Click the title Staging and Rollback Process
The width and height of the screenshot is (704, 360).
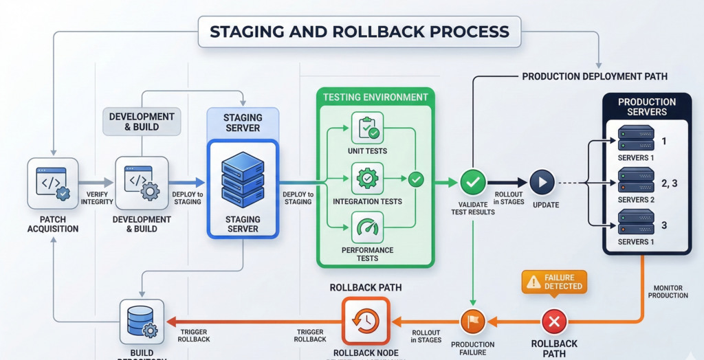pyautogui.click(x=359, y=32)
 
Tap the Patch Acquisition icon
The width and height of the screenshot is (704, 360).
pyautogui.click(x=52, y=183)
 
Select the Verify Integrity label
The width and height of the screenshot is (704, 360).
pyautogui.click(x=93, y=198)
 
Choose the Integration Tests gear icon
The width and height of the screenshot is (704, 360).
pyautogui.click(x=367, y=179)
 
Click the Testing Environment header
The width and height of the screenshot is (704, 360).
pyautogui.click(x=375, y=97)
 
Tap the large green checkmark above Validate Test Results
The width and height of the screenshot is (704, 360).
pyautogui.click(x=472, y=183)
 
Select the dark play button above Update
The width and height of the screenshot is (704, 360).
pyautogui.click(x=542, y=183)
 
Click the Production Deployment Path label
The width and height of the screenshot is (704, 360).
pyautogui.click(x=595, y=76)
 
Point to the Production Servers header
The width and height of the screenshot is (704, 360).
pyautogui.click(x=647, y=106)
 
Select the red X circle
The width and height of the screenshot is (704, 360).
pyautogui.click(x=554, y=321)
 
